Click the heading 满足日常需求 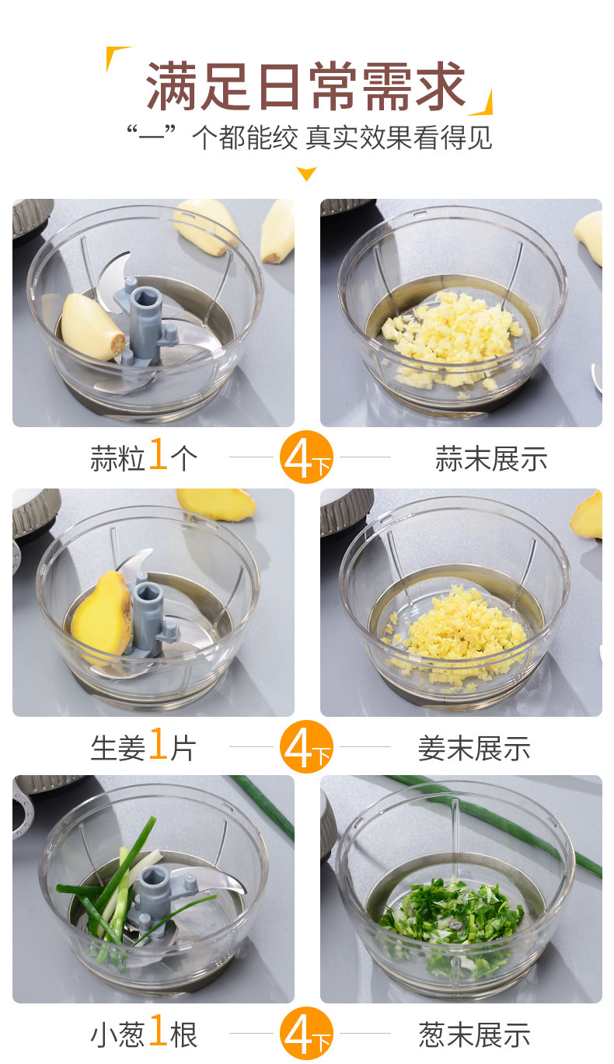[305, 86]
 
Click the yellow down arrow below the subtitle [306, 174]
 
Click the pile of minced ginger [456, 627]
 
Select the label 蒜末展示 [491, 458]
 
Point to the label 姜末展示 [474, 748]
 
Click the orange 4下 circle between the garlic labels [306, 457]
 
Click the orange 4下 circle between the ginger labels [306, 746]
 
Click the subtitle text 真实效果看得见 [398, 138]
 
